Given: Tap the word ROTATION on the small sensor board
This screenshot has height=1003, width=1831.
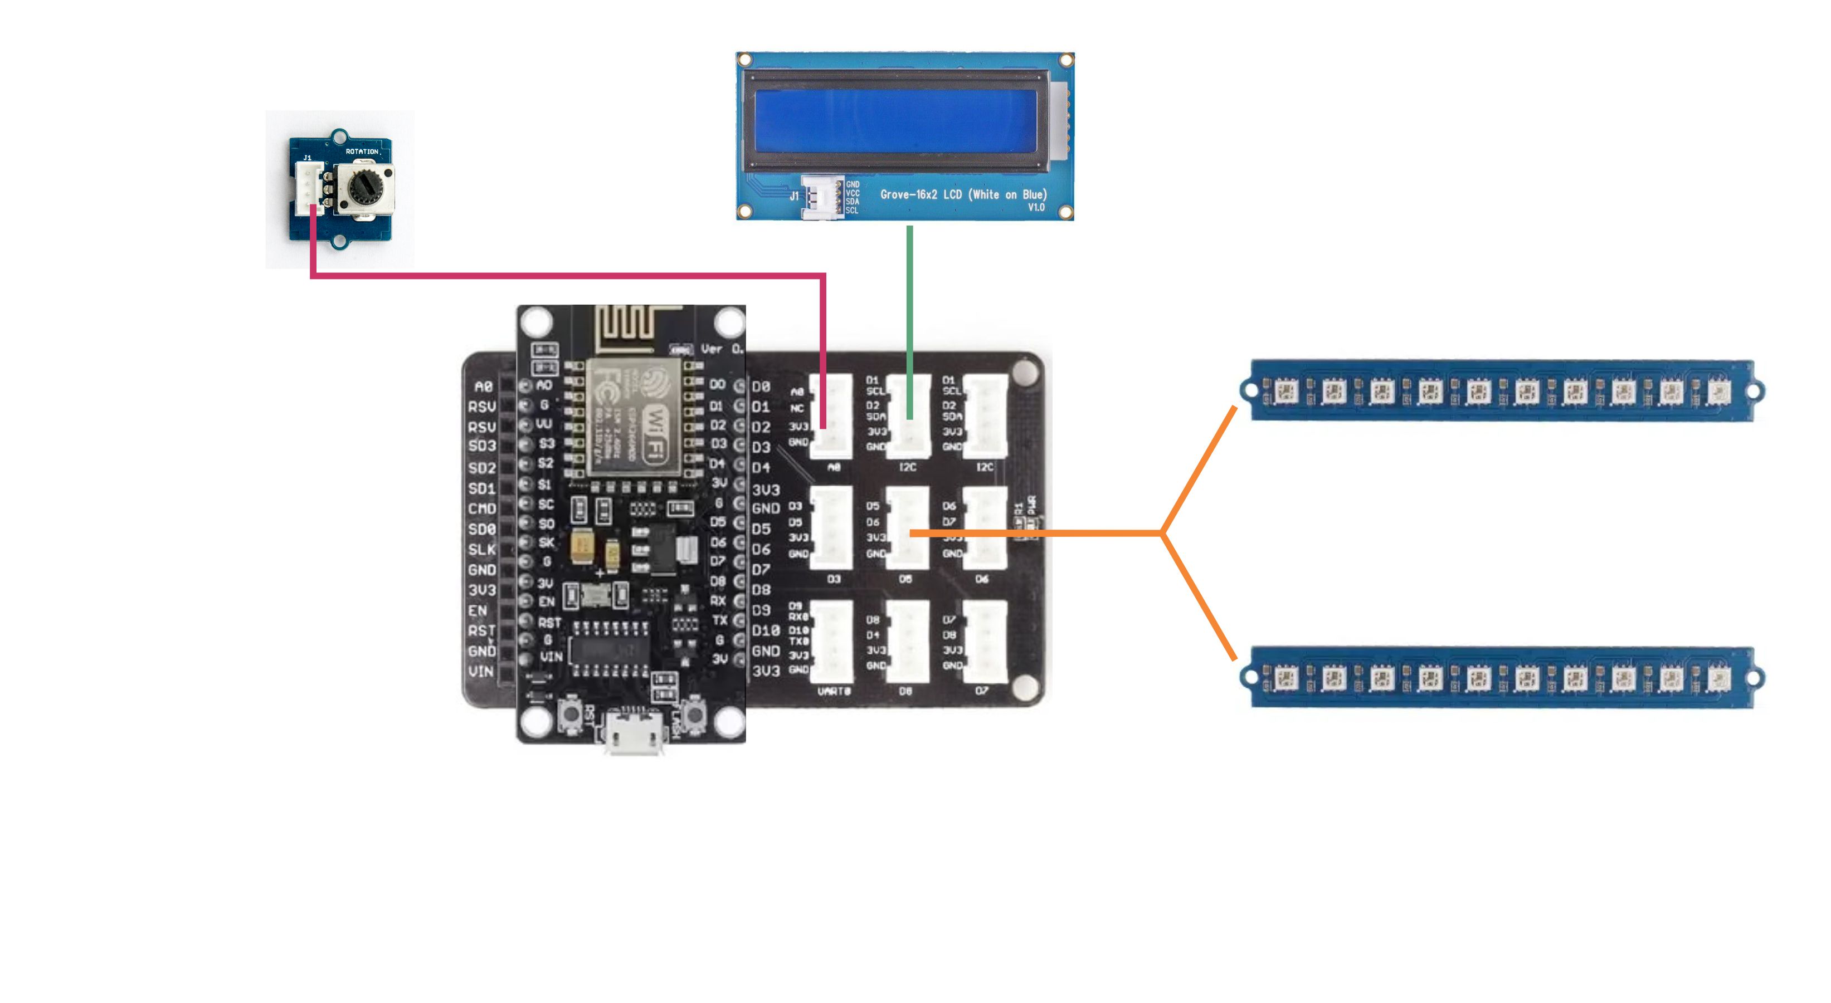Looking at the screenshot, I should [362, 151].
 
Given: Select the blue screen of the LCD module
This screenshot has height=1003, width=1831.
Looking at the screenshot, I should [895, 120].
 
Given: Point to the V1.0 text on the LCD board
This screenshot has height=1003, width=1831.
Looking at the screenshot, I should [1036, 207].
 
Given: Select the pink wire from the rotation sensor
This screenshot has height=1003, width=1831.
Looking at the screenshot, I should [568, 275].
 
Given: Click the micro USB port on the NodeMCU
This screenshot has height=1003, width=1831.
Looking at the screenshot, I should [634, 732].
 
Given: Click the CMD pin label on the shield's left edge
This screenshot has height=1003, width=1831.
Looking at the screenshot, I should [482, 508].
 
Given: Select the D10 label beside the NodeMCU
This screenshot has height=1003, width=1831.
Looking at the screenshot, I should [766, 631].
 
